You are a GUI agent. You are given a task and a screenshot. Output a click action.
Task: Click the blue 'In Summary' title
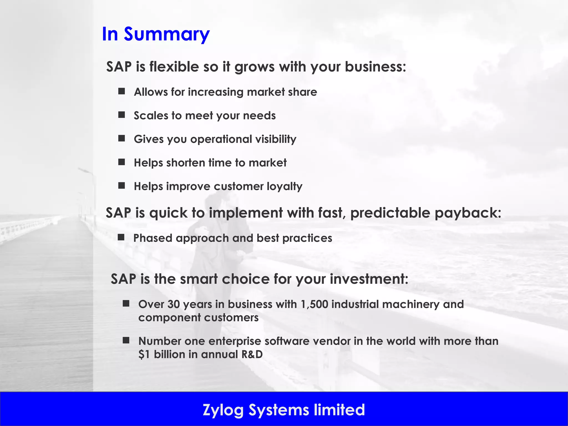click(156, 34)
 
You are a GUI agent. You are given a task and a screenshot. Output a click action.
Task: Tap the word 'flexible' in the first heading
click(174, 67)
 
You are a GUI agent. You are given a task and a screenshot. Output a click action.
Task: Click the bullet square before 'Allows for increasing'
click(121, 91)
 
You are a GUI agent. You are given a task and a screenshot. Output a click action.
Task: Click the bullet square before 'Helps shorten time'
click(121, 162)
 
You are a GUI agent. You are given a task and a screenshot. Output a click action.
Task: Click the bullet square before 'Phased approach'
click(121, 237)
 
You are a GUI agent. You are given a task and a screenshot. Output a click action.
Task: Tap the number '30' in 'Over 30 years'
click(174, 304)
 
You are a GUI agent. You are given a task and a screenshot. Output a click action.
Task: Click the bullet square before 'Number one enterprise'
click(126, 340)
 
